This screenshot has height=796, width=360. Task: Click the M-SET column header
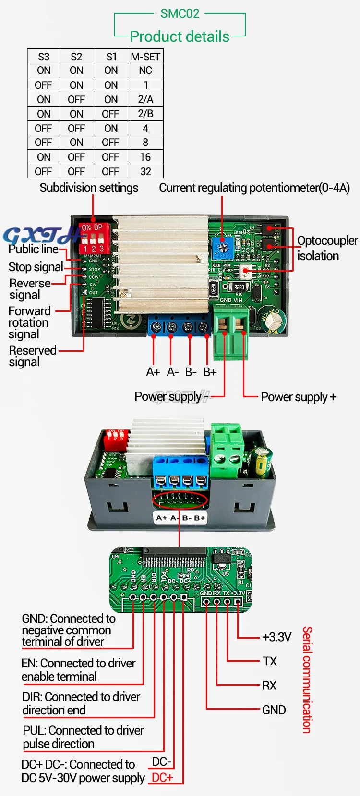145,57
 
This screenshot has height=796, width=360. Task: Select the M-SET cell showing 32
145,171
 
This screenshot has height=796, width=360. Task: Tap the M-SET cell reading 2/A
145,99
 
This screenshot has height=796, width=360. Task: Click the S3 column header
44,57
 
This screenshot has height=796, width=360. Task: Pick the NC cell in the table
145,71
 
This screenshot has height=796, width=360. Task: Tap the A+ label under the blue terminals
153,372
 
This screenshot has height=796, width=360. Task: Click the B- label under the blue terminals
191,372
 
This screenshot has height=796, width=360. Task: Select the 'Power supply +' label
298,397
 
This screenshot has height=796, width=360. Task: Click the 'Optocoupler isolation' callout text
326,248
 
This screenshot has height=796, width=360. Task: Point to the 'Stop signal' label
36,267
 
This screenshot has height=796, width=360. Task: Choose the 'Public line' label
34,249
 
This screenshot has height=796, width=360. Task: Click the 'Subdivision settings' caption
89,188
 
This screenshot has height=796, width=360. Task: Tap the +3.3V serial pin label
276,637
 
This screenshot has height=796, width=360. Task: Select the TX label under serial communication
270,662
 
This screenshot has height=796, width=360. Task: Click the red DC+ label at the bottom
162,778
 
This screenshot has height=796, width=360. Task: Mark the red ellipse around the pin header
180,500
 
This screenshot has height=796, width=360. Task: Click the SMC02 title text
180,13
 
